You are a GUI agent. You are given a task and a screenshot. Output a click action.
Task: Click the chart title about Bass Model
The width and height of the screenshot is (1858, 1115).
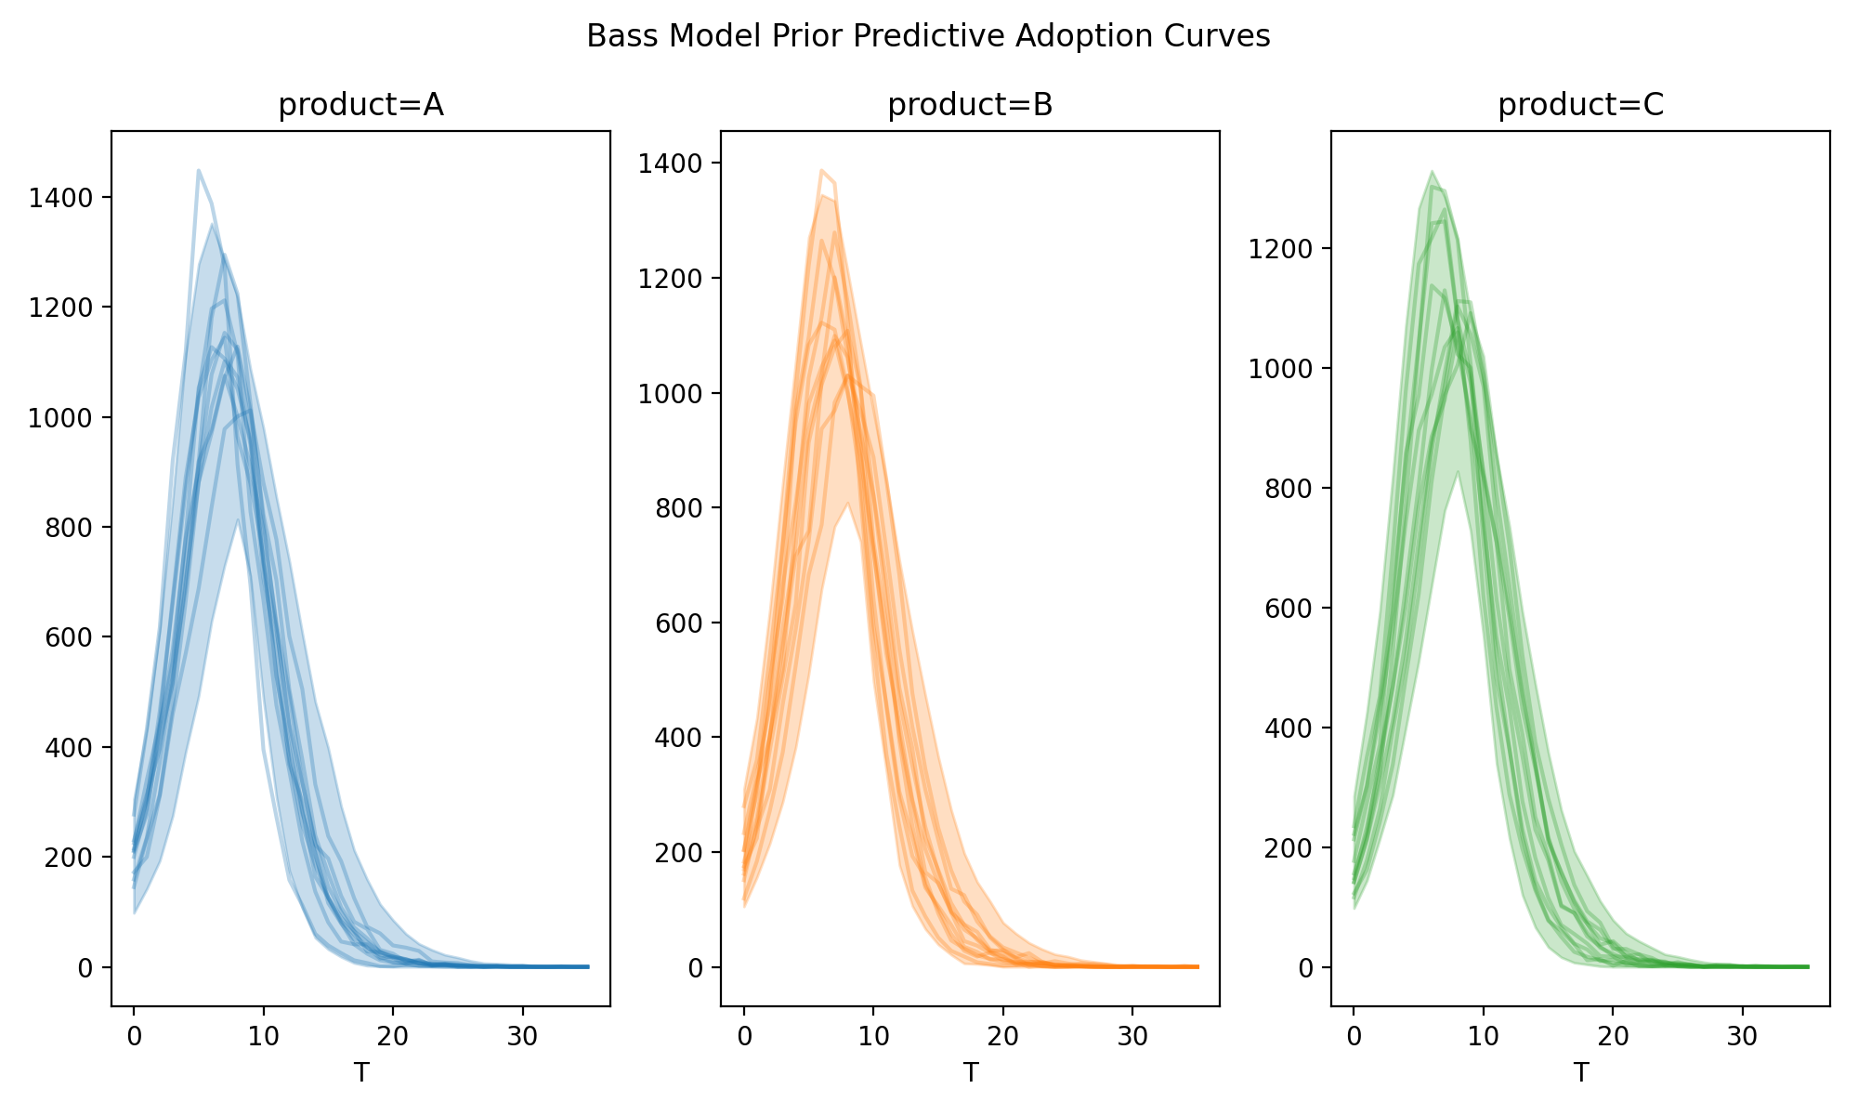[x=928, y=36]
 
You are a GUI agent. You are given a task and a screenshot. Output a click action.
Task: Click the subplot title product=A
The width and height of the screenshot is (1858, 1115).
[x=360, y=106]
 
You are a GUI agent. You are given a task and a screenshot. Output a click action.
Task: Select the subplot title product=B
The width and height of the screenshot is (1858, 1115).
[x=970, y=106]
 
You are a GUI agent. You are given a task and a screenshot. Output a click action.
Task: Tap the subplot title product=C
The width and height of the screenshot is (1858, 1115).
[x=1580, y=106]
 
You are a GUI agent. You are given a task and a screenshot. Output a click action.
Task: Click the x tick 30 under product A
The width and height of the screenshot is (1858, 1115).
[x=523, y=1037]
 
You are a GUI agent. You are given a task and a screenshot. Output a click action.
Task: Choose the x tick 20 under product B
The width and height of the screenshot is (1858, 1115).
[x=1003, y=1037]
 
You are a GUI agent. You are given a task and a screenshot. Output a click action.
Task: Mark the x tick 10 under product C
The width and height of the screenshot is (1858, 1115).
[x=1484, y=1037]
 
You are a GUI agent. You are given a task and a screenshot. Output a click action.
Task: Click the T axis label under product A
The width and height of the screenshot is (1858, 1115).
[x=360, y=1073]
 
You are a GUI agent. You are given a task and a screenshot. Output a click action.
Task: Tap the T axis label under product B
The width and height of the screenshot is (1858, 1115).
[x=970, y=1073]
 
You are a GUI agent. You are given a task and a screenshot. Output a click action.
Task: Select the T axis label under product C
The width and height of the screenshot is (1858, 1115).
[x=1580, y=1073]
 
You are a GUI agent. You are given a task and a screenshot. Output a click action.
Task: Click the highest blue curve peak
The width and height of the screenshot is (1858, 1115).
[x=199, y=170]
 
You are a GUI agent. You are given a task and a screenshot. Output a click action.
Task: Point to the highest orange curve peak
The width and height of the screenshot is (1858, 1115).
[x=822, y=170]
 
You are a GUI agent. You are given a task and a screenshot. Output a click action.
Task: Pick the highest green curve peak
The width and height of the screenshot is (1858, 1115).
[x=1432, y=171]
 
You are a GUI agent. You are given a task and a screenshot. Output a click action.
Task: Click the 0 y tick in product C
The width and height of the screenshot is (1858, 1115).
[x=1310, y=968]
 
